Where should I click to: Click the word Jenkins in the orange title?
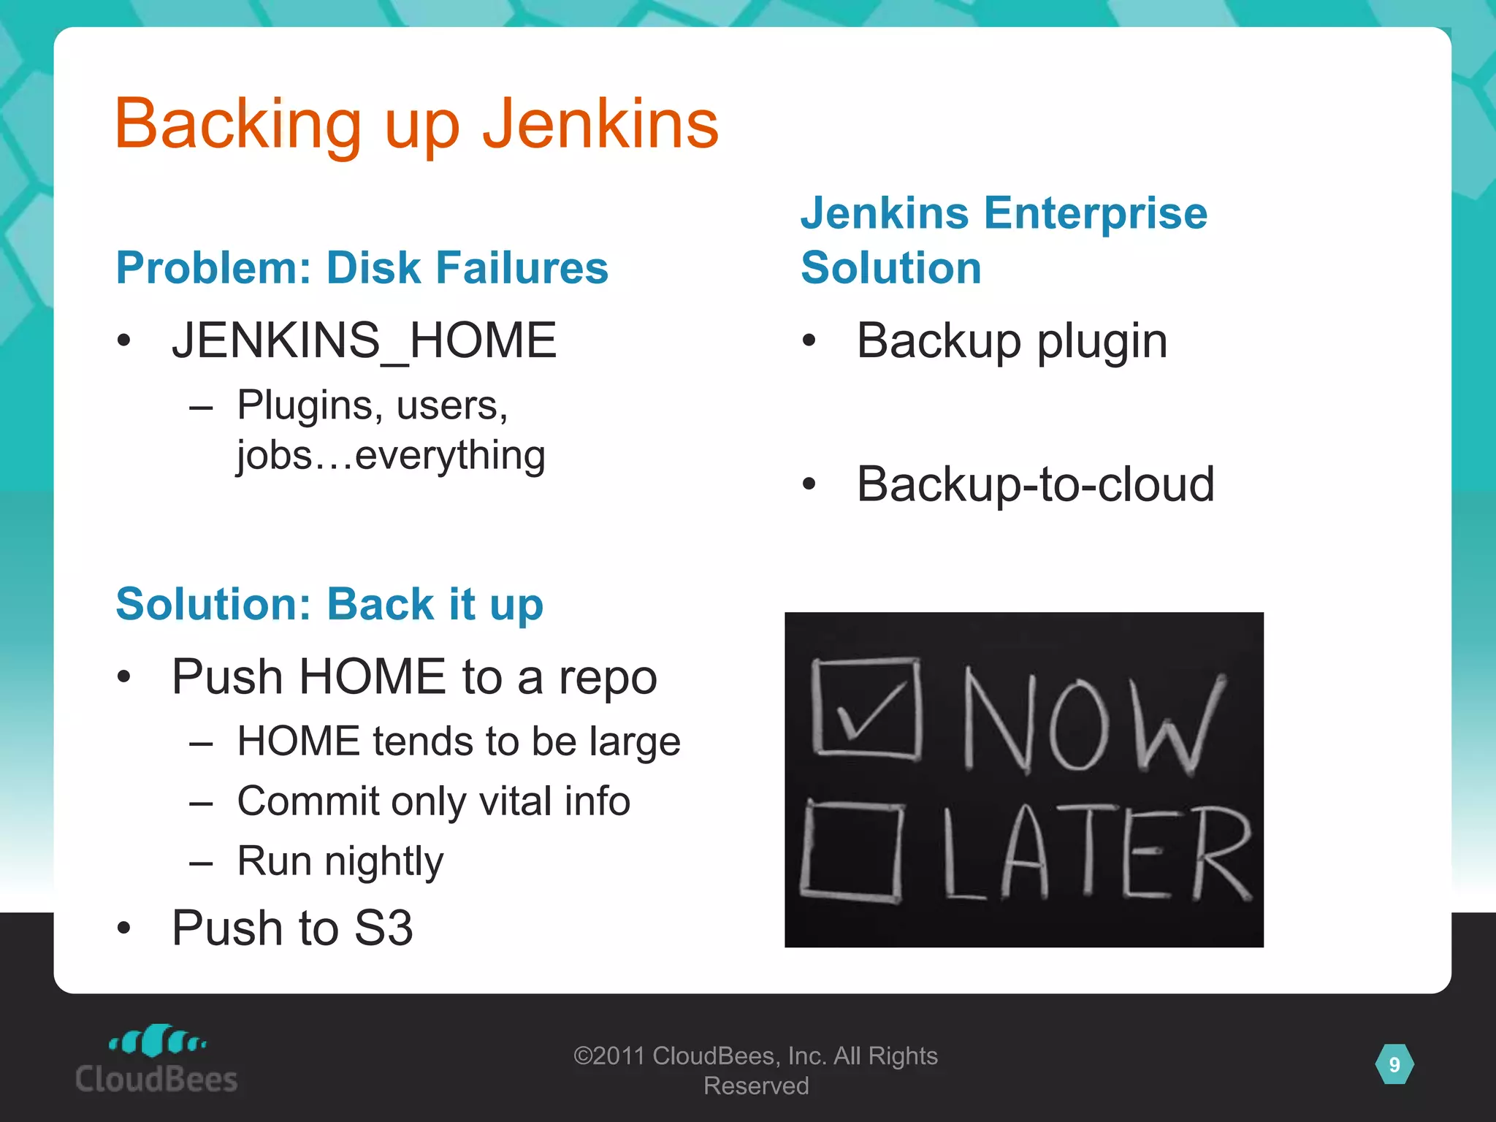point(600,124)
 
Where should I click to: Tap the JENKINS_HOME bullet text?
point(364,340)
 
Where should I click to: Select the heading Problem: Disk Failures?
point(362,267)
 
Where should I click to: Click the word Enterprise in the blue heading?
point(1095,213)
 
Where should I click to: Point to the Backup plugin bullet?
point(1012,340)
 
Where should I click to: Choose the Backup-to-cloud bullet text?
point(1035,484)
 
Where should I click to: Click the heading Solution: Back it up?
point(329,604)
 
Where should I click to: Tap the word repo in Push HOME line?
point(608,677)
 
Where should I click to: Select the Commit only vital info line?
point(433,801)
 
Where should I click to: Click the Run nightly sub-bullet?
point(340,861)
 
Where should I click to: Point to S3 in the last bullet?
point(383,928)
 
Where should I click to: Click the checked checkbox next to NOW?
point(866,707)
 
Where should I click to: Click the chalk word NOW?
point(1091,722)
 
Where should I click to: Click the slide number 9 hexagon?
point(1394,1064)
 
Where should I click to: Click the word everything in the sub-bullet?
point(450,455)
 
